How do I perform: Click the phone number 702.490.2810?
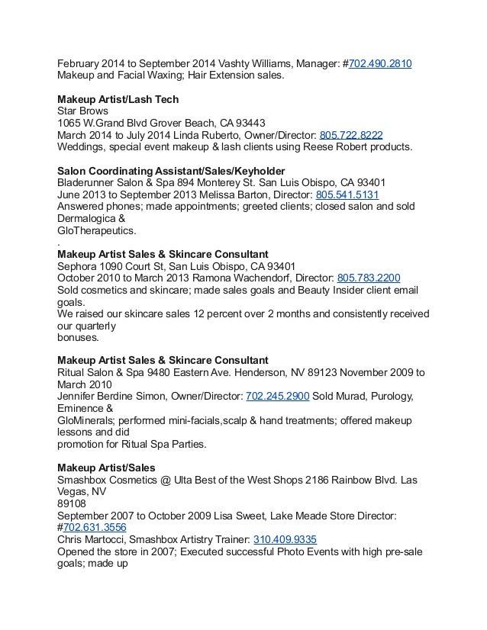(380, 63)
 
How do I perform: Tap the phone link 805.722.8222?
(351, 134)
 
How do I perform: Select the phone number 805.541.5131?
(346, 194)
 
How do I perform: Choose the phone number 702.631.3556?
(95, 528)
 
